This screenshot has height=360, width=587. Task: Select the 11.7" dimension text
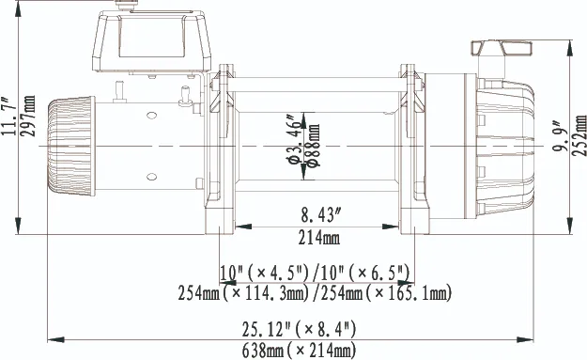pyautogui.click(x=8, y=117)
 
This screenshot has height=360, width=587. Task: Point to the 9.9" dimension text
pyautogui.click(x=560, y=135)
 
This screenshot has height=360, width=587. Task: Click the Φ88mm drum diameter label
pyautogui.click(x=314, y=146)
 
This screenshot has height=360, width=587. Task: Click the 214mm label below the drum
pyautogui.click(x=319, y=238)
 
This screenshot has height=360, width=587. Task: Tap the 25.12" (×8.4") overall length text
pyautogui.click(x=299, y=329)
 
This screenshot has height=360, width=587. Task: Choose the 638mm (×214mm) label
pyautogui.click(x=299, y=351)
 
